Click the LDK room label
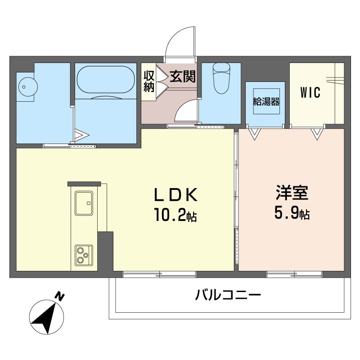(x=175, y=195)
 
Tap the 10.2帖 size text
(x=175, y=215)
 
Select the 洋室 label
(x=292, y=192)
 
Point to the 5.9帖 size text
(x=292, y=212)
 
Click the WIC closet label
(x=310, y=93)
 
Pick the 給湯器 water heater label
(x=266, y=101)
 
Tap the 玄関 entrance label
(x=183, y=76)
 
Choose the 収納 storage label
(x=149, y=81)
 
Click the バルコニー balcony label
(x=228, y=295)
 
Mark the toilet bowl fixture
(x=221, y=78)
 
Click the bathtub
(x=106, y=80)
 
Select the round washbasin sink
(x=28, y=87)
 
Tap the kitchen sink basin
(x=84, y=203)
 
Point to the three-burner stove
(x=84, y=256)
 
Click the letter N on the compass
(x=60, y=297)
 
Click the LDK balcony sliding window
(x=159, y=274)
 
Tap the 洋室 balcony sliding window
(x=294, y=274)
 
